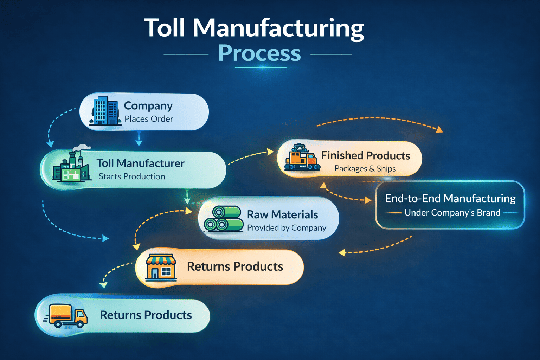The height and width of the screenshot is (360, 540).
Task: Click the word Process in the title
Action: tap(259, 53)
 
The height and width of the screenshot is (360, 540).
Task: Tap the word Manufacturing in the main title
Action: tap(278, 28)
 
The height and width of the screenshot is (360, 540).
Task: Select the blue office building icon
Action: tap(105, 111)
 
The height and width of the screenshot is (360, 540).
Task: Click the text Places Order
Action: tap(148, 119)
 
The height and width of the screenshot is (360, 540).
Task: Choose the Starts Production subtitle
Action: tap(131, 176)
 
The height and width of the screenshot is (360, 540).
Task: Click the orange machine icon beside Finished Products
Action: tap(302, 158)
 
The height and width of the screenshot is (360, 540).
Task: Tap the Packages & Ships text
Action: tap(365, 169)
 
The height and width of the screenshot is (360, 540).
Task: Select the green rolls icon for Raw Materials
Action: tap(224, 219)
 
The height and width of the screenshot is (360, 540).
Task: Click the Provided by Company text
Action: tap(287, 228)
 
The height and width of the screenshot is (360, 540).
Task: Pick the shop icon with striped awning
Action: tap(161, 267)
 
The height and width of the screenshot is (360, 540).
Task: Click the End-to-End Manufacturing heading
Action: tap(450, 198)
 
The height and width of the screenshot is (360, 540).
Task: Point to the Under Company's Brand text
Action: tap(452, 213)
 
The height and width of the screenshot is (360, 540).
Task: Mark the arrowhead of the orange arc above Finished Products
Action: tap(439, 130)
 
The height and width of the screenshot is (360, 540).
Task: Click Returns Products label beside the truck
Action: tap(146, 315)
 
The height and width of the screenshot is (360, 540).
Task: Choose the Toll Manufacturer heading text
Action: tap(140, 163)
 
